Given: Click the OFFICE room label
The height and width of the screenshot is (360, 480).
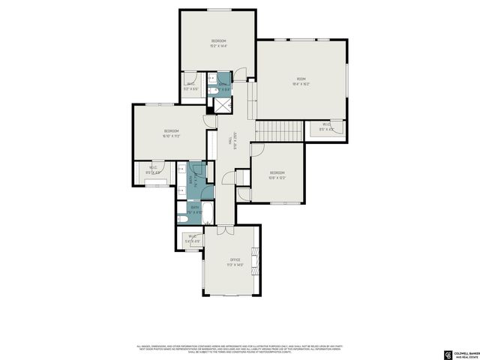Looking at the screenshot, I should tap(235, 259).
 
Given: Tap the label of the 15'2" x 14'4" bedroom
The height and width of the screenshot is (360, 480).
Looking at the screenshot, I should tap(218, 40).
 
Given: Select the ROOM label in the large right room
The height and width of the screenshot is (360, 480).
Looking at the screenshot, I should tap(301, 79).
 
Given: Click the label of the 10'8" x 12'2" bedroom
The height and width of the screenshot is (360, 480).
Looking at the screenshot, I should tap(277, 173).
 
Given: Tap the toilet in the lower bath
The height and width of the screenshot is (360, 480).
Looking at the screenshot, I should tap(182, 218).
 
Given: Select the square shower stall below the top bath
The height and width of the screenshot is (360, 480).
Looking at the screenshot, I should tap(223, 104).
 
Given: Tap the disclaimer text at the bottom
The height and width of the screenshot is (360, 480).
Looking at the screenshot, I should tap(240, 349).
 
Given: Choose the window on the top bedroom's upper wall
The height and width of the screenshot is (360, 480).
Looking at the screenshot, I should tap(219, 10).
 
